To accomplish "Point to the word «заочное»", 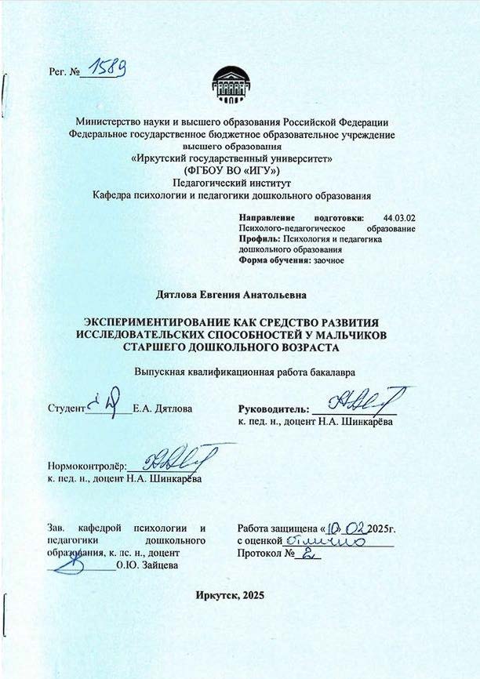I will pyautogui.click(x=329, y=260).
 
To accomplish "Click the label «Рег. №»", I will pyautogui.click(x=65, y=73).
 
